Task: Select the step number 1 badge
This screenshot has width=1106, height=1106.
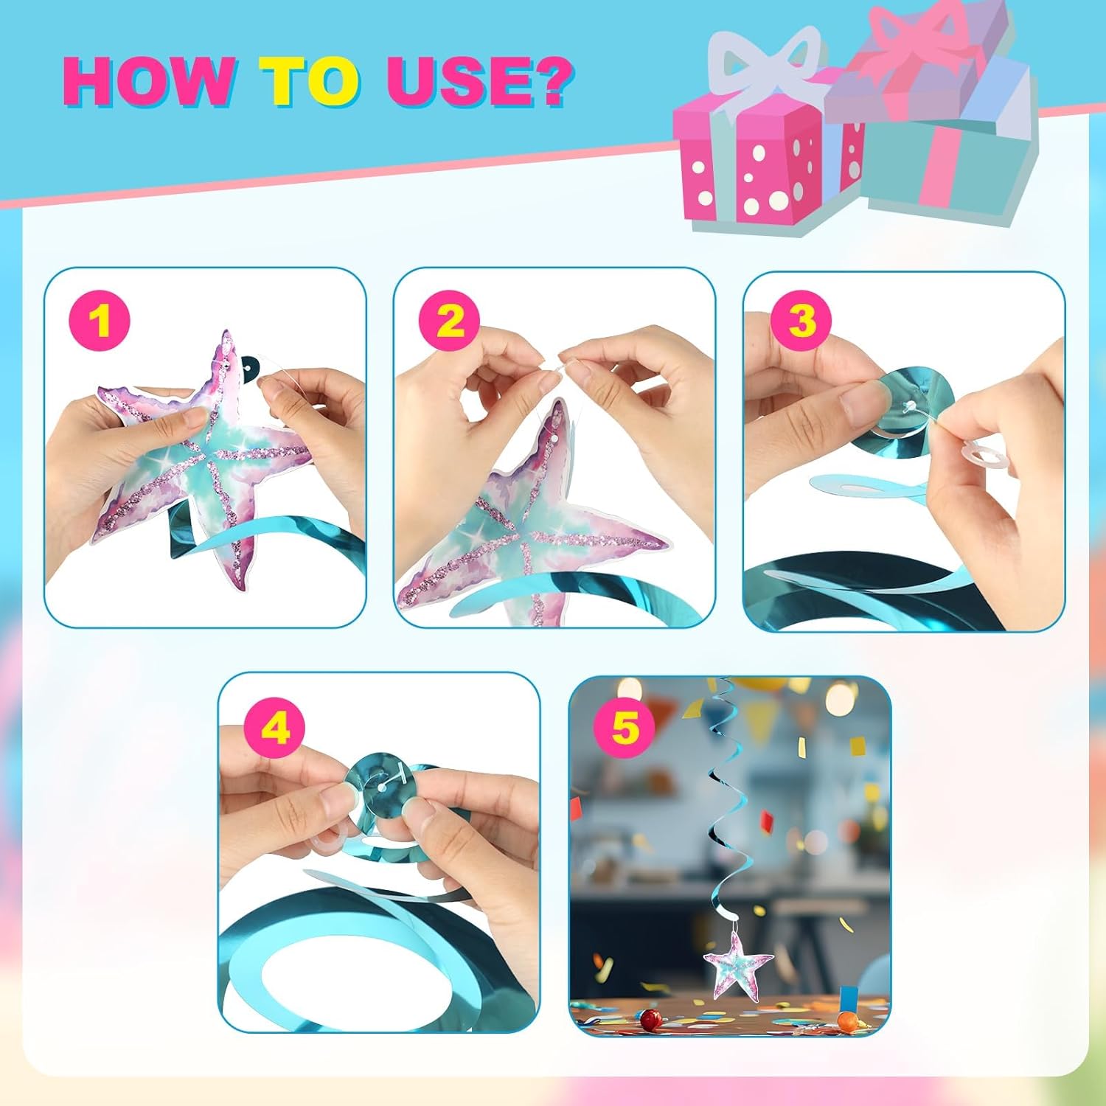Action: point(100,321)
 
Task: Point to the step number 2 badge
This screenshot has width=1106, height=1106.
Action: point(449,321)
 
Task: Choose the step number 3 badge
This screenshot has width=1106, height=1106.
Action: point(801,321)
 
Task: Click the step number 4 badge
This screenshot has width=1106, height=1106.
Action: point(274,729)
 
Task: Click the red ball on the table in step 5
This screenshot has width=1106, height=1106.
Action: point(651,1020)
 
